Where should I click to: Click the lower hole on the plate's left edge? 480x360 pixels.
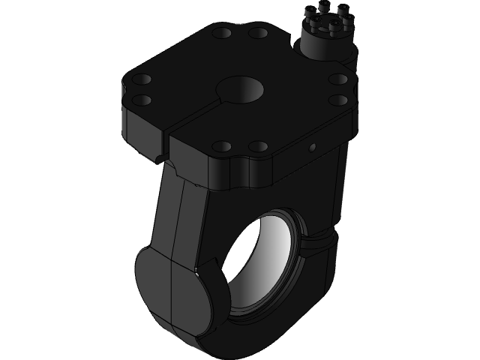point(142,99)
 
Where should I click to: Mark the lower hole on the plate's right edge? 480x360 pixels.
point(339,99)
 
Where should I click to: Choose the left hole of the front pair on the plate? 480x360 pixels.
point(222,145)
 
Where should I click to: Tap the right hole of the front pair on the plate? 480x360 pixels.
point(258,145)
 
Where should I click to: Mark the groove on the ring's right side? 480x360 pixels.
point(322,241)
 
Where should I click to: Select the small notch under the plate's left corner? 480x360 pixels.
point(160,160)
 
